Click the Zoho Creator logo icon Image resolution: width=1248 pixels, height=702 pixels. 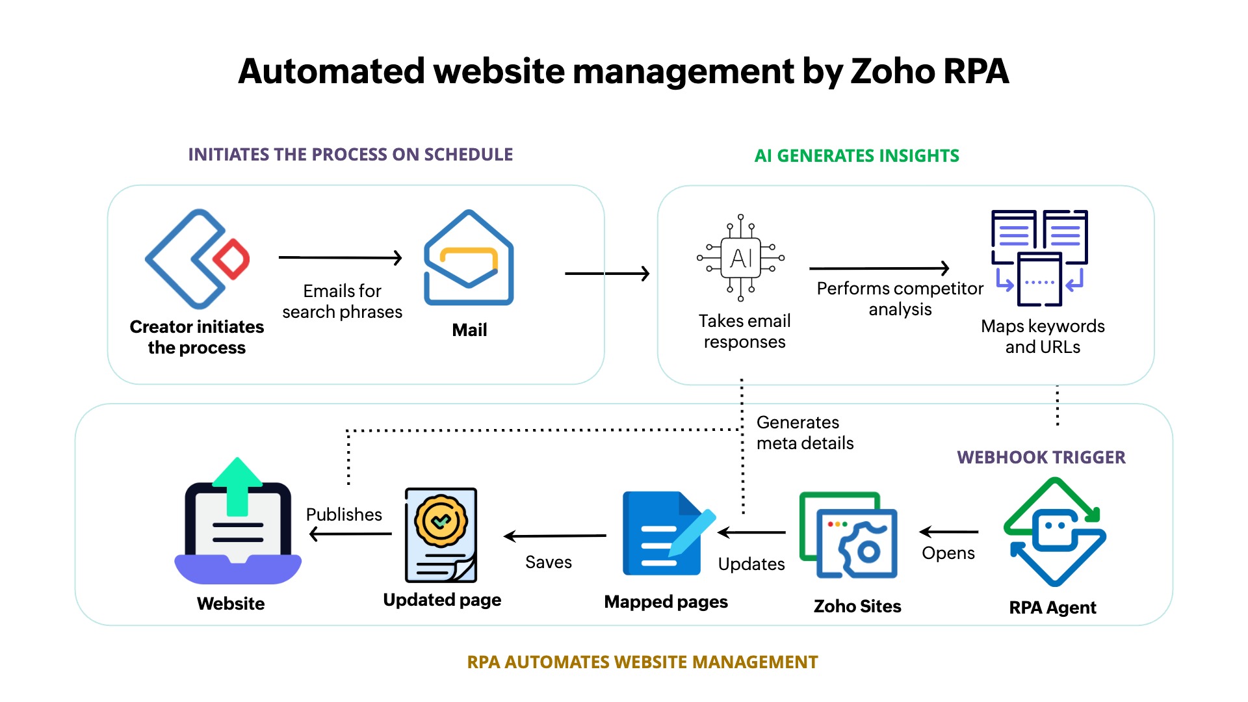coord(195,259)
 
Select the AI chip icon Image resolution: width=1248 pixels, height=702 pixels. coord(741,258)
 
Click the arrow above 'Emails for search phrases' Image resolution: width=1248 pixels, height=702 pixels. coord(340,258)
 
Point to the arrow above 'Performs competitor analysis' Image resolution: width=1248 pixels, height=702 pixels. coord(879,268)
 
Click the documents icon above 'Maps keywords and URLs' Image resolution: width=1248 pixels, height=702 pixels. coord(1039,258)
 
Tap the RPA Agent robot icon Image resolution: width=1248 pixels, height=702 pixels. coord(1054,532)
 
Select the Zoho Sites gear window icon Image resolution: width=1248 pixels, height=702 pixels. coord(849,536)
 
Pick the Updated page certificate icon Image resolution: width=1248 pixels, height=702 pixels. coord(441,535)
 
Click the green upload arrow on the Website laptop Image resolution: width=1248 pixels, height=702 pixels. coord(237,486)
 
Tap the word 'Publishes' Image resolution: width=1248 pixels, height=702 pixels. coord(344,514)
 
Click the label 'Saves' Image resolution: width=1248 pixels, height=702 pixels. coord(549,562)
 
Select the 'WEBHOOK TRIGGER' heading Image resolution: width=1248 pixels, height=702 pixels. coord(1041,457)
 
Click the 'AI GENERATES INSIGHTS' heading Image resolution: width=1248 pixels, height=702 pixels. coord(856,156)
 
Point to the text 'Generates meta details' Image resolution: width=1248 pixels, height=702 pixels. coord(805,433)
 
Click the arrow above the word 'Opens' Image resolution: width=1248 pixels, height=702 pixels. coord(949,532)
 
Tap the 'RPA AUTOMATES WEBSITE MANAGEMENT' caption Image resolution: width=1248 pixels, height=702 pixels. coord(642,662)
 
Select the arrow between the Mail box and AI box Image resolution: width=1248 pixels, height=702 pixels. coord(607,274)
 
